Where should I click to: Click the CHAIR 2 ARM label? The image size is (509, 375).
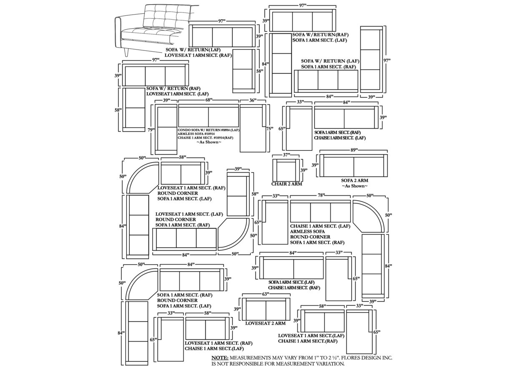(x=287, y=184)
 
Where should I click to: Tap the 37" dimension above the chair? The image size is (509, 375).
(x=286, y=155)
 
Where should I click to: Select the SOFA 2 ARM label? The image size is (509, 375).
(x=355, y=180)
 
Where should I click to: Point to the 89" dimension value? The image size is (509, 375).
(x=354, y=150)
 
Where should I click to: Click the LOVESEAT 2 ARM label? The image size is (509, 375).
(x=265, y=323)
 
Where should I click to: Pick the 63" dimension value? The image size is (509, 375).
(x=265, y=294)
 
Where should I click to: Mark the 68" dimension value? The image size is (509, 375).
(x=209, y=100)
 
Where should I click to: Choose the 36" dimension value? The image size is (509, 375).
(x=253, y=100)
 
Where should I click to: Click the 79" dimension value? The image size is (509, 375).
(x=151, y=130)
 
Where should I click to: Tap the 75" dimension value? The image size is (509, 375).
(x=270, y=129)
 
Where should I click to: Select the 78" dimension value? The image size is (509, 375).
(x=320, y=195)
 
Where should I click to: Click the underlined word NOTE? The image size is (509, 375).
(x=220, y=358)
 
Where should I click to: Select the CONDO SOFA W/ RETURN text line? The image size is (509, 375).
(x=208, y=130)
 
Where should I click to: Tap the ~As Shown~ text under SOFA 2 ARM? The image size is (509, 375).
(x=355, y=186)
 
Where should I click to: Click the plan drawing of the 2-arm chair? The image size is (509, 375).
(x=286, y=170)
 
